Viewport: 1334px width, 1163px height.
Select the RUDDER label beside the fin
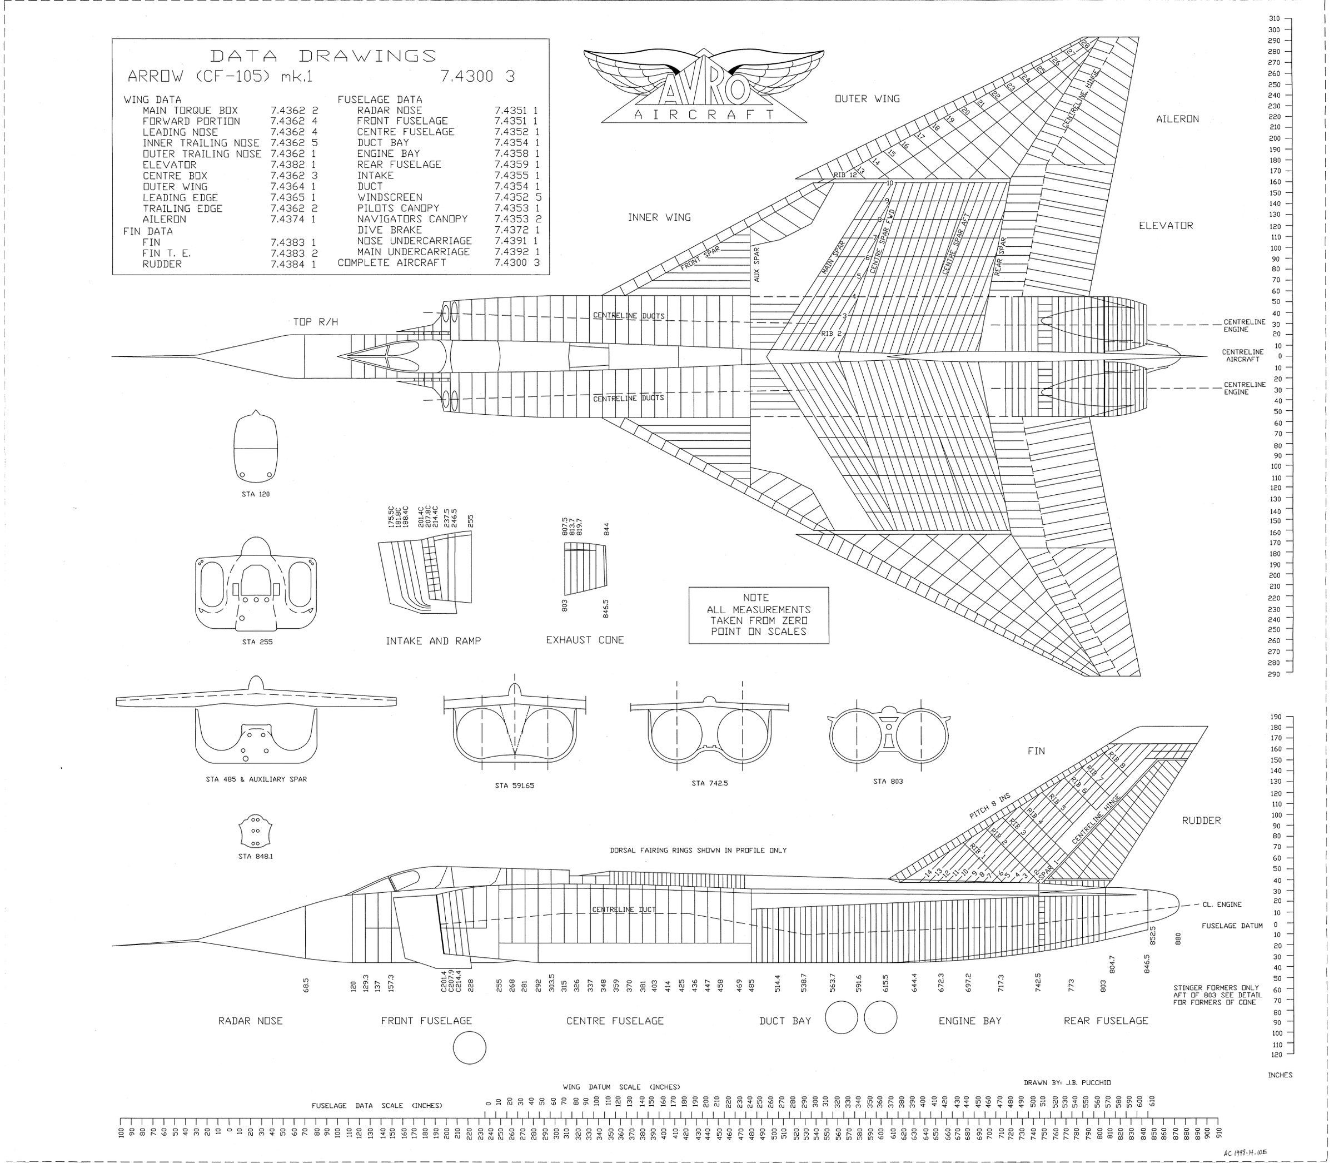coord(1201,821)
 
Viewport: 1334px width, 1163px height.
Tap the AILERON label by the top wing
coord(1177,120)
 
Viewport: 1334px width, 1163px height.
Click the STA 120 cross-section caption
coord(255,494)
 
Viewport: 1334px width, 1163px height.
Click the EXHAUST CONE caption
coord(585,640)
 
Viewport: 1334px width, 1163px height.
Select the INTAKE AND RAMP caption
coord(433,640)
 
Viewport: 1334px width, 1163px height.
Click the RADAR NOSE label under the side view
coord(251,1021)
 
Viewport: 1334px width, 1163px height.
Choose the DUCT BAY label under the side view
coord(785,1021)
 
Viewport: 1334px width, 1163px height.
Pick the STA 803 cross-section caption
coord(888,782)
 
